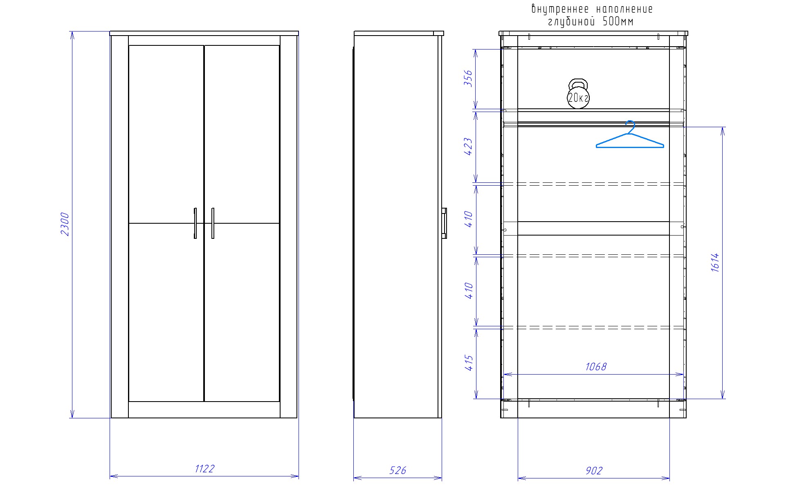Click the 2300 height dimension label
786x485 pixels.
[65, 224]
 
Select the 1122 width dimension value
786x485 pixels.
[204, 469]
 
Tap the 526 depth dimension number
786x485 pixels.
[397, 471]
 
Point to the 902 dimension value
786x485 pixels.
[594, 471]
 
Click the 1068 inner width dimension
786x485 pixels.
[596, 366]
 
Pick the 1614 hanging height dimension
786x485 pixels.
[715, 263]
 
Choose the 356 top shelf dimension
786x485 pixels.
[468, 79]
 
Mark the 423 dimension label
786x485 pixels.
[468, 147]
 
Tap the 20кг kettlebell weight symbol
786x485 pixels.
[578, 95]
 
